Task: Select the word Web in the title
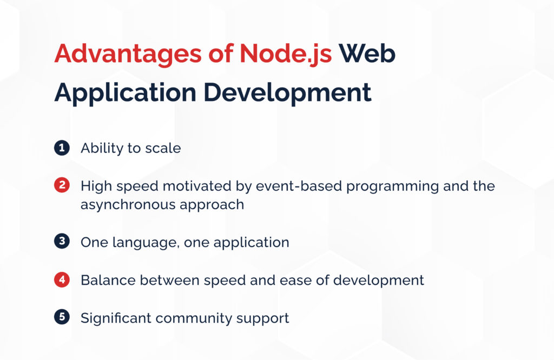pyautogui.click(x=367, y=54)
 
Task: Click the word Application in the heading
pyautogui.click(x=125, y=93)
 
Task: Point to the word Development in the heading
pyautogui.click(x=288, y=93)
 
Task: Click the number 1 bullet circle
pyautogui.click(x=62, y=148)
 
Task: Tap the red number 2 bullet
pyautogui.click(x=62, y=185)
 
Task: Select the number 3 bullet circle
pyautogui.click(x=62, y=242)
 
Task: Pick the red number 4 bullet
pyautogui.click(x=62, y=280)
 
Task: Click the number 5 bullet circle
pyautogui.click(x=62, y=317)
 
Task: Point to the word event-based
pyautogui.click(x=299, y=186)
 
